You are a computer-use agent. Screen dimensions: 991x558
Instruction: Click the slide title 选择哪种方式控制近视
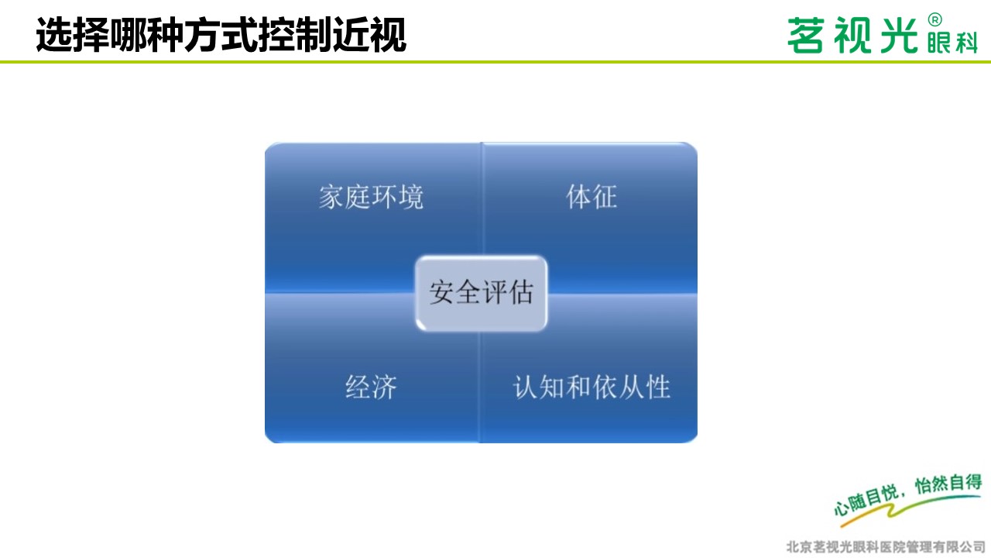(x=221, y=35)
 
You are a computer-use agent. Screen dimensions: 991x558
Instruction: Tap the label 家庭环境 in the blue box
(x=371, y=197)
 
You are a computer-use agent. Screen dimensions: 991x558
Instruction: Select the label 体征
(x=592, y=197)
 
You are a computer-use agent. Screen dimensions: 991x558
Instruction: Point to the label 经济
(x=371, y=387)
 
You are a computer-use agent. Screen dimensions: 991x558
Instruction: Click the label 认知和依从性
(x=592, y=387)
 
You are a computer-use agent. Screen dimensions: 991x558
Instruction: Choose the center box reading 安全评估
(x=482, y=293)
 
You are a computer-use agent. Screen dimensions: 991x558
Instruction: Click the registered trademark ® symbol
(x=934, y=20)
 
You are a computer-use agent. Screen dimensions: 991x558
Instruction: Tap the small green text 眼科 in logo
(x=952, y=43)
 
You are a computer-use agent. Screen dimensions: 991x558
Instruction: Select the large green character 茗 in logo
(x=806, y=36)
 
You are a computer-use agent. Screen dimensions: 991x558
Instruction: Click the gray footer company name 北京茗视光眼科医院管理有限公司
(x=886, y=547)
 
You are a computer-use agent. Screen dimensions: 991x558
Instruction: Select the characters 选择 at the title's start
(x=72, y=35)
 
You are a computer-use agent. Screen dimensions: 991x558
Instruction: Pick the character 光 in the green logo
(x=899, y=36)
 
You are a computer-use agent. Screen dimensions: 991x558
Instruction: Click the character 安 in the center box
(x=442, y=292)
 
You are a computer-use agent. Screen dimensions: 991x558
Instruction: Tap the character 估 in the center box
(x=521, y=292)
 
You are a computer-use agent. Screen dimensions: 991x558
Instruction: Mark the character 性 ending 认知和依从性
(x=658, y=387)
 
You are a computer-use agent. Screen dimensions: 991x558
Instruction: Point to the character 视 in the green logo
(x=852, y=36)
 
